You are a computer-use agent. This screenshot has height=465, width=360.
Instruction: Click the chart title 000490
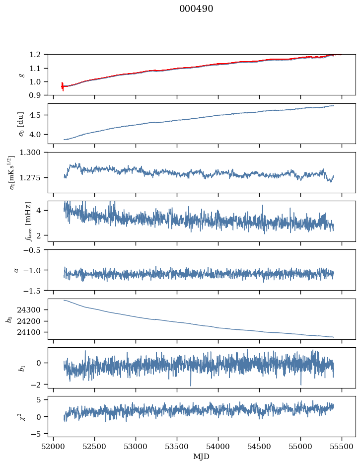tap(196, 9)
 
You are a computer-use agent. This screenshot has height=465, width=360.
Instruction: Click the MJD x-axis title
tap(202, 456)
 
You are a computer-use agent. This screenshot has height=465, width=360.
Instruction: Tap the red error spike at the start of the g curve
tap(63, 86)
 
